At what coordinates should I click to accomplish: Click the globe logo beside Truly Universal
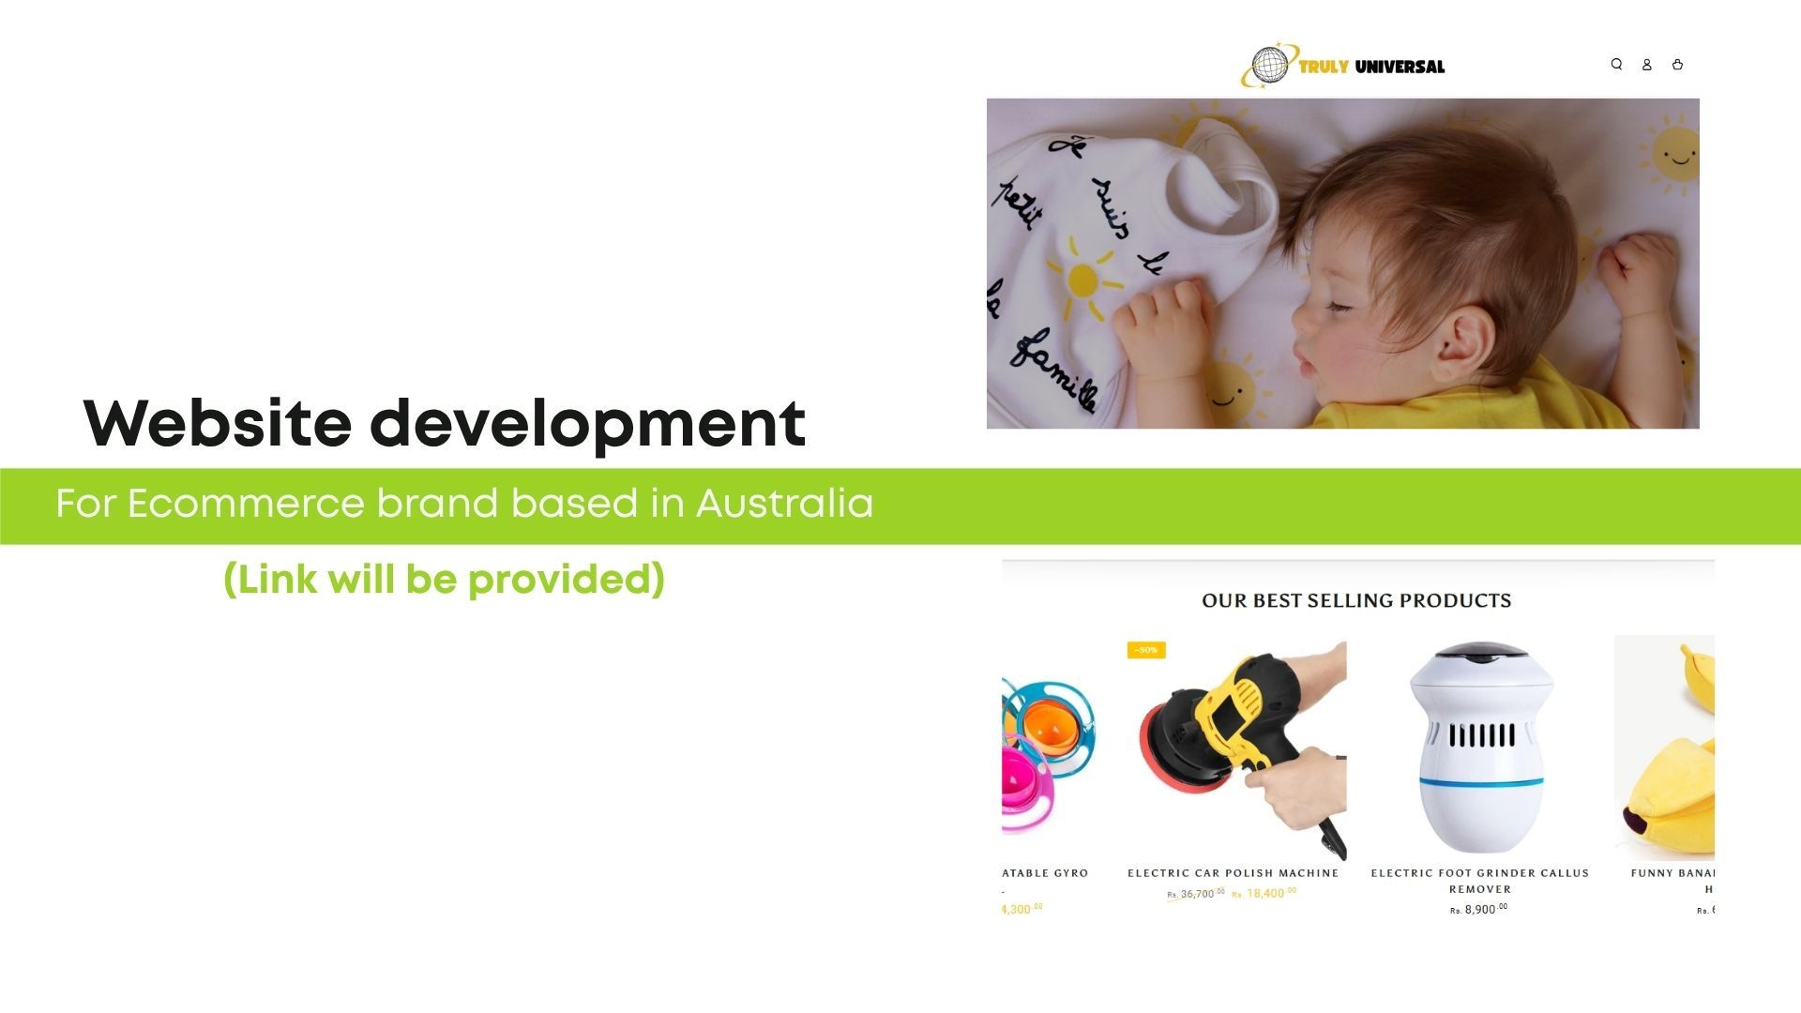(1269, 66)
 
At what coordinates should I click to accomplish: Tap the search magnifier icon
(1616, 65)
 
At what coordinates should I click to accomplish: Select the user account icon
(1646, 65)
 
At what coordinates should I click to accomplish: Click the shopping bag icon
(1677, 65)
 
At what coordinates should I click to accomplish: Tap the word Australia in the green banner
(784, 504)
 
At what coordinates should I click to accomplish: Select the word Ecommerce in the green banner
(246, 504)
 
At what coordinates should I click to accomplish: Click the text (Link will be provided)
(444, 580)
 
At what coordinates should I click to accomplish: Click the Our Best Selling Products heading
(1356, 600)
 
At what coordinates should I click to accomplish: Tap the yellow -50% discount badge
(1146, 650)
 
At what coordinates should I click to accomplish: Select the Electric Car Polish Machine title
(1233, 873)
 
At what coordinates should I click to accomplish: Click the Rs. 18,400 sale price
(1264, 894)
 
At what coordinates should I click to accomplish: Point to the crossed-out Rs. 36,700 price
(1196, 894)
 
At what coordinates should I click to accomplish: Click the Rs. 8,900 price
(1479, 909)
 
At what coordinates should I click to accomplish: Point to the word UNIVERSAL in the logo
(1400, 67)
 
